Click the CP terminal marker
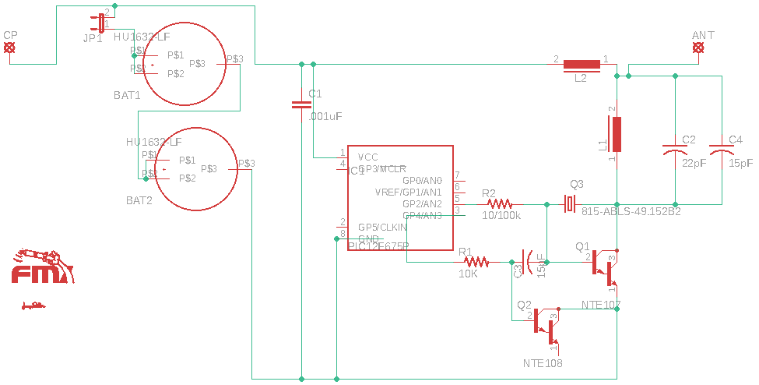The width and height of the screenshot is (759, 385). point(9,48)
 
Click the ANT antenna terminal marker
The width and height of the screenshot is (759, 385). point(699,48)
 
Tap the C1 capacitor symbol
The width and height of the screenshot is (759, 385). point(301,104)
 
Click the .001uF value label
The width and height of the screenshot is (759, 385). point(325,116)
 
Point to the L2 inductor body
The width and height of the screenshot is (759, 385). point(582,64)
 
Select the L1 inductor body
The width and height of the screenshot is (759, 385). point(617,134)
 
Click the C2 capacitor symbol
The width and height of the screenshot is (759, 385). point(675,148)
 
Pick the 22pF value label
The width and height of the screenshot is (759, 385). point(694,164)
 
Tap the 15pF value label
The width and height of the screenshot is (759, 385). point(741,164)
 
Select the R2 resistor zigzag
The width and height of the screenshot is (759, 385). point(499,203)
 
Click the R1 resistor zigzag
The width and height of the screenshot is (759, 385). point(475,261)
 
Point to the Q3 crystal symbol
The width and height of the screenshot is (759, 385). point(571,204)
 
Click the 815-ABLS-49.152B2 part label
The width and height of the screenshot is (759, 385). point(631,211)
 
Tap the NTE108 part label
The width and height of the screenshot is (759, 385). point(543,363)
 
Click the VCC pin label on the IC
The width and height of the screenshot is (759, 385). point(368,157)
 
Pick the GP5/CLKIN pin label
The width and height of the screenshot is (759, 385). point(382,227)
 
